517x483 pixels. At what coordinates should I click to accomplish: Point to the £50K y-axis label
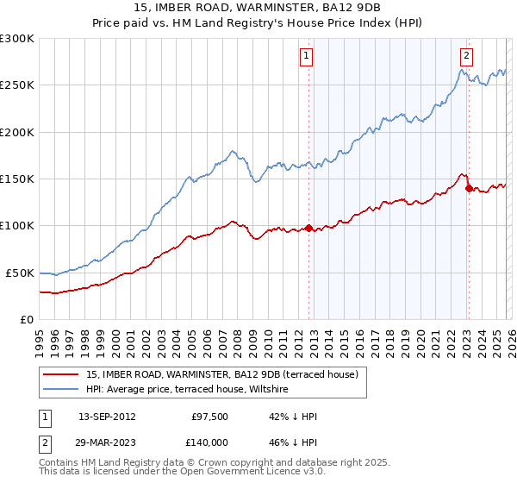20,273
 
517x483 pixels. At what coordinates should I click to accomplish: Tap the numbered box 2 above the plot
466,57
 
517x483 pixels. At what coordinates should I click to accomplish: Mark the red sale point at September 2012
308,229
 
